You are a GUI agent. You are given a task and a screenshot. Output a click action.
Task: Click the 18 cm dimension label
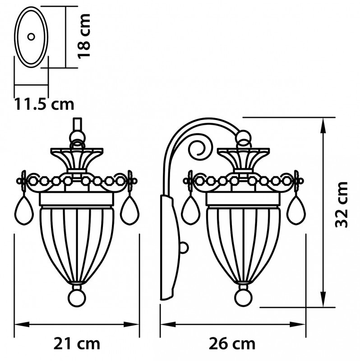click(x=84, y=36)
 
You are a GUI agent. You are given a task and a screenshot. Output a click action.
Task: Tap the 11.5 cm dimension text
click(x=44, y=104)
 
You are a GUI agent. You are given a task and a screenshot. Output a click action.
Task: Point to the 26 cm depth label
click(x=232, y=343)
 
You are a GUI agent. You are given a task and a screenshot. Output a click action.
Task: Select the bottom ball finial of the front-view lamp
click(x=76, y=297)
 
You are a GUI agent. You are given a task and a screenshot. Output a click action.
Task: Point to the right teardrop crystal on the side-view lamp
click(x=296, y=211)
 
